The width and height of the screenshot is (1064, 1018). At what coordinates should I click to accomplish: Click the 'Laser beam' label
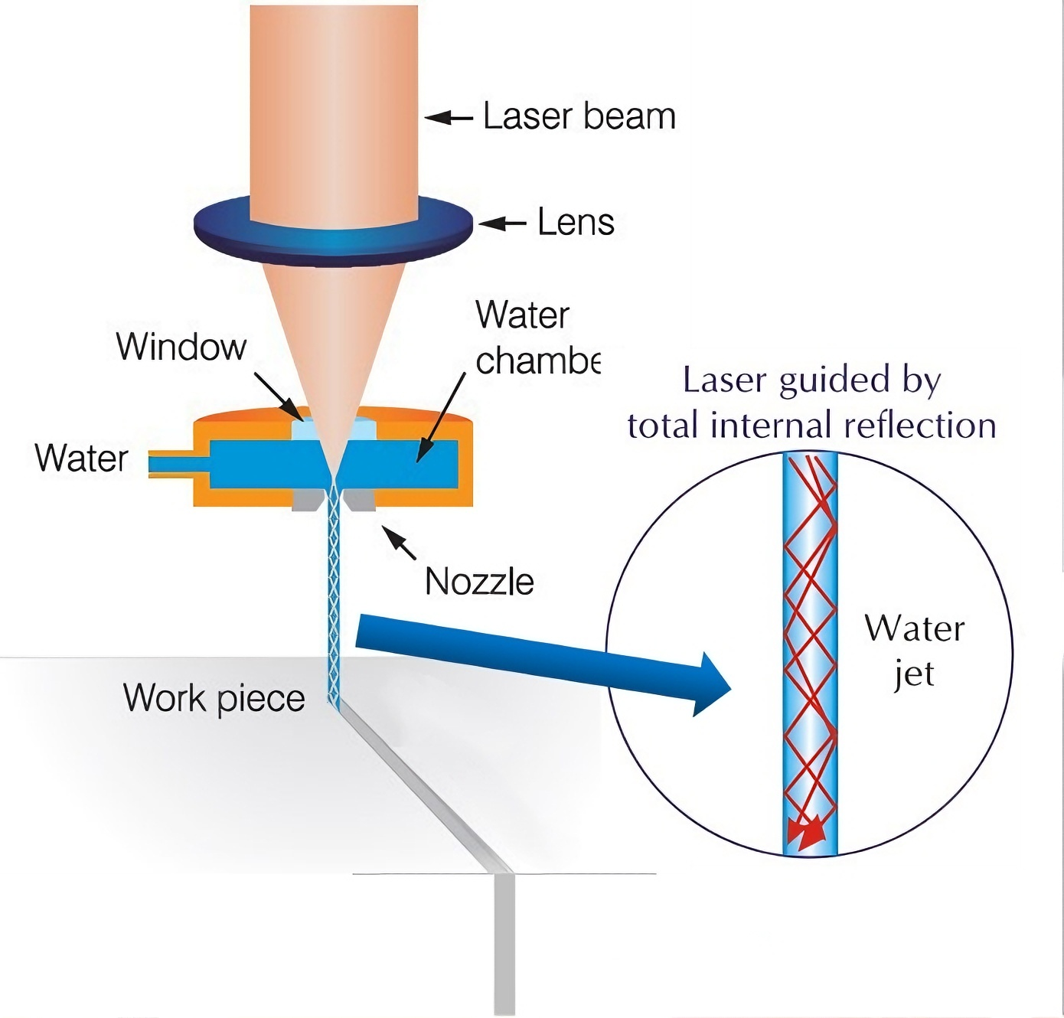(579, 116)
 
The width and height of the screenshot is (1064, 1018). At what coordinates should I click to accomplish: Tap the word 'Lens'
(576, 223)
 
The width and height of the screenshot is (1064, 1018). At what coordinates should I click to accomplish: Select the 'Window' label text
(181, 347)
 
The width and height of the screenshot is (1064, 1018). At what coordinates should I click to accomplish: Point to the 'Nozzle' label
(479, 582)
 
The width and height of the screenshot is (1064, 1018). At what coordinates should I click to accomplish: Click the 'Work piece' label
(214, 698)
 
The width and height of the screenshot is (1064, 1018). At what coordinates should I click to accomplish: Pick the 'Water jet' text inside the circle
(914, 651)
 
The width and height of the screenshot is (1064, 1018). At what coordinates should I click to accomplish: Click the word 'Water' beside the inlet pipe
(81, 458)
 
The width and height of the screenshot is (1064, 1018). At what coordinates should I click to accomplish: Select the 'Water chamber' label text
(536, 338)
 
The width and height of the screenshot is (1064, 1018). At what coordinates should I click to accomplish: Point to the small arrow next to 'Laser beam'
(449, 117)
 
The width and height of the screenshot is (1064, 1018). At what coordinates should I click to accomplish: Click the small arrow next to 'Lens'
(503, 224)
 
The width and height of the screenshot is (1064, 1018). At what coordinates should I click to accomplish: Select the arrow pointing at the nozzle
(400, 543)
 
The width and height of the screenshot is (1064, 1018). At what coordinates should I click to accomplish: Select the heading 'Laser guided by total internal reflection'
(811, 403)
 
